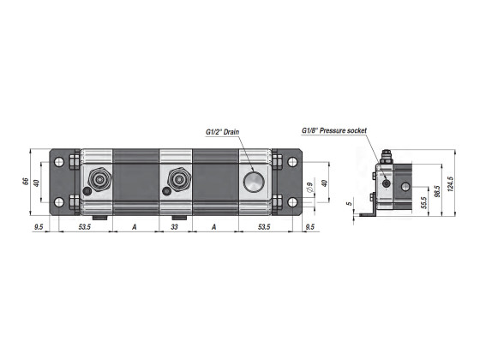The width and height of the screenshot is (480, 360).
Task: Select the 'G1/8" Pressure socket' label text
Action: click(333, 130)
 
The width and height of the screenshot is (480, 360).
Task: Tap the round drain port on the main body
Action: click(254, 182)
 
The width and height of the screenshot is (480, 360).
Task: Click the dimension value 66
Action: click(26, 182)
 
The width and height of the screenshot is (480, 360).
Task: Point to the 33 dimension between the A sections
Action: click(175, 227)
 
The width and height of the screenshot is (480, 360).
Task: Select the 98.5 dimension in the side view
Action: click(438, 189)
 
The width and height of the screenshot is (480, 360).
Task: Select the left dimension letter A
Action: click(135, 227)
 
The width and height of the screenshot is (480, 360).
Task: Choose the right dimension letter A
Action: click(213, 227)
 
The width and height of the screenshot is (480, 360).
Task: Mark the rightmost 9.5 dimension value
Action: click(309, 227)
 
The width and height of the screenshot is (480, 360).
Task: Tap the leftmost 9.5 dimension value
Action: click(39, 227)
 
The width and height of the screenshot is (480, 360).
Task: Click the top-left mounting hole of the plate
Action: click(58, 160)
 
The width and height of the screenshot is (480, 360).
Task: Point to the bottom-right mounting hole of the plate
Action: click(294, 202)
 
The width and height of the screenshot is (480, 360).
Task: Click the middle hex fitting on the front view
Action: click(178, 180)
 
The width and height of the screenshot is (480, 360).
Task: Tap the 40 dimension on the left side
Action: click(37, 182)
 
